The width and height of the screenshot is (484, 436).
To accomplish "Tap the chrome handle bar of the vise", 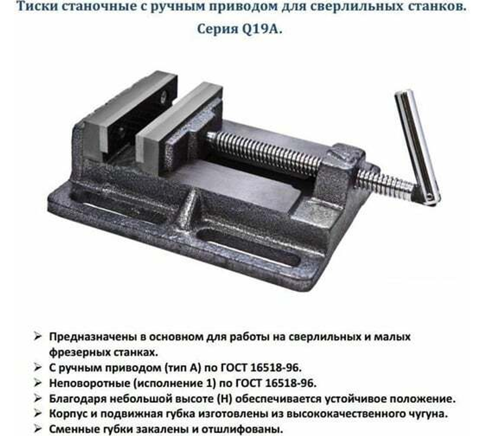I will click(417, 145).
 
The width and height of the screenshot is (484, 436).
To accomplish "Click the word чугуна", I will click(432, 414).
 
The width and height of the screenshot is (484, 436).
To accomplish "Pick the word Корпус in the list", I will click(66, 414).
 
